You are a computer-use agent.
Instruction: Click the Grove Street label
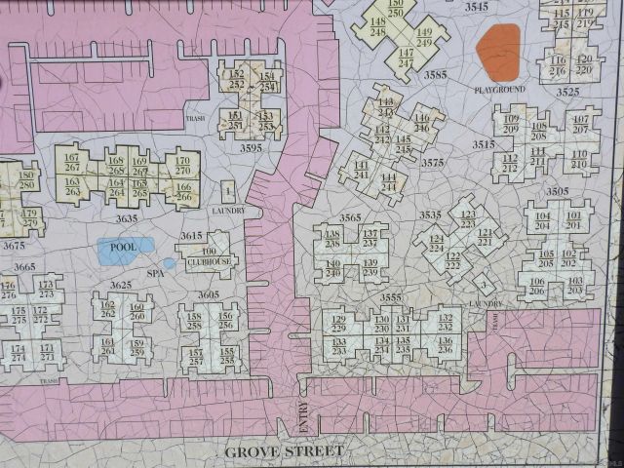[285, 451]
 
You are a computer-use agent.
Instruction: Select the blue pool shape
[126, 250]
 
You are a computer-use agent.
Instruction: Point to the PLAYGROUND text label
[499, 90]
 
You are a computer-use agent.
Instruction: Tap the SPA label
[153, 275]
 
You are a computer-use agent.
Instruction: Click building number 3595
[251, 148]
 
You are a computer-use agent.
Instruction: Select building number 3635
[126, 219]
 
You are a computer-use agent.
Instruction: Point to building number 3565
[351, 218]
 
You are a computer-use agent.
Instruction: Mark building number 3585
[435, 74]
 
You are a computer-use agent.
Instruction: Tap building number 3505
[557, 191]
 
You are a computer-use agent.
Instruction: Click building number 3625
[121, 285]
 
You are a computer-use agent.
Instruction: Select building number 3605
[208, 293]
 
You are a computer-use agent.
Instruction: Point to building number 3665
[24, 266]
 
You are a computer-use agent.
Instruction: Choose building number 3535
[430, 214]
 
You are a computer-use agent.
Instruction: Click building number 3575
[432, 163]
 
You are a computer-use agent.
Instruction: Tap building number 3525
[567, 92]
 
